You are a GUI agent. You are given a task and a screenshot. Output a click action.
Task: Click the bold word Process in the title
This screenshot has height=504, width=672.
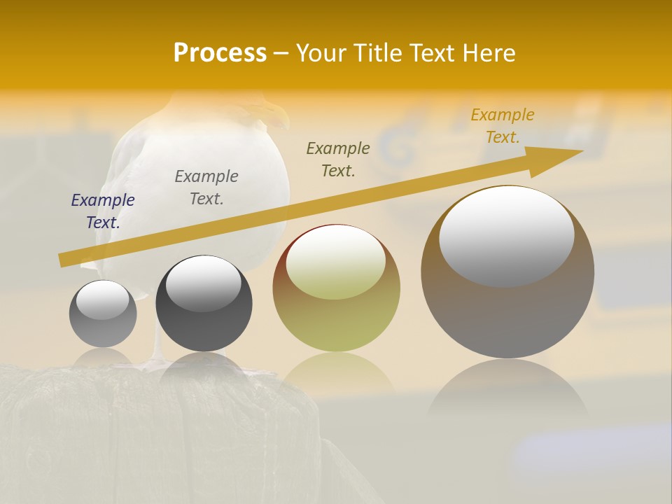[220, 53]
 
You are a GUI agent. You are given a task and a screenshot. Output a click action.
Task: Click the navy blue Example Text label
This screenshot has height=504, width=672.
[103, 211]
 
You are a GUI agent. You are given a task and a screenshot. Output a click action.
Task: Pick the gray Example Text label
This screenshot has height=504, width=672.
[206, 188]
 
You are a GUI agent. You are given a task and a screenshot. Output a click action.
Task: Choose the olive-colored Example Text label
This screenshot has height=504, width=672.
[338, 160]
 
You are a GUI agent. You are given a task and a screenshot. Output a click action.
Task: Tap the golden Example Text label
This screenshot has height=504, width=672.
[503, 126]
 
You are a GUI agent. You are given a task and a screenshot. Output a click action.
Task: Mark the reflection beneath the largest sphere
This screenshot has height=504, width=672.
[507, 388]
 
